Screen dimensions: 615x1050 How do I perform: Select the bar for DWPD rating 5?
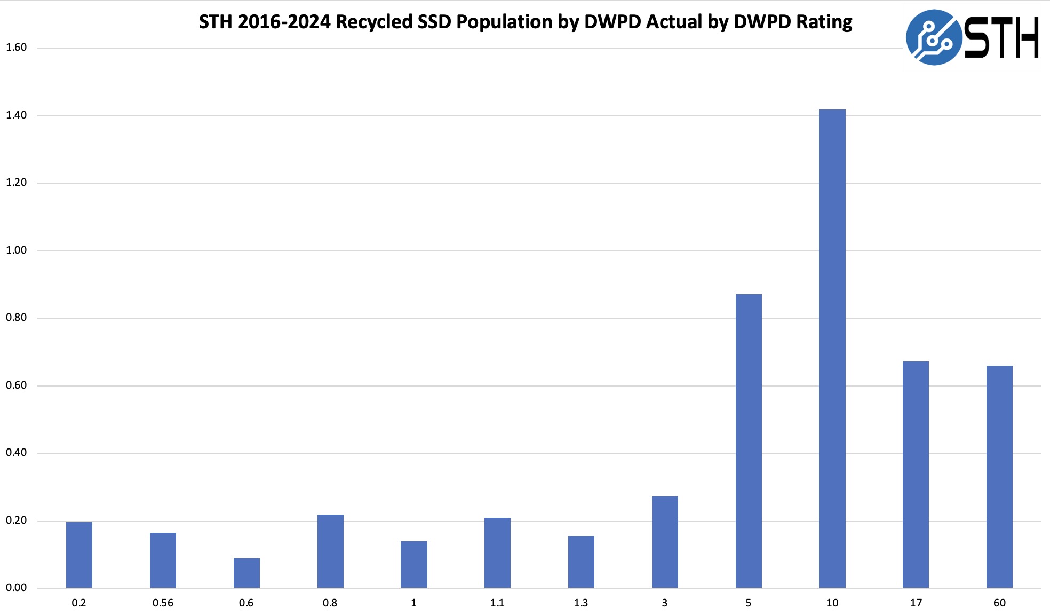(x=749, y=441)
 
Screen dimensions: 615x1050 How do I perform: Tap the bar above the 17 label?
(x=916, y=475)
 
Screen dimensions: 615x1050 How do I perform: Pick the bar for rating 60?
(x=999, y=477)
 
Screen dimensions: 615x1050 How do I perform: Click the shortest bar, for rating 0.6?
(x=246, y=573)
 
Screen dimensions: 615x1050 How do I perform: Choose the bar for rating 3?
(x=665, y=542)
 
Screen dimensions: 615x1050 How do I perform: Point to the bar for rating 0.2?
(x=79, y=555)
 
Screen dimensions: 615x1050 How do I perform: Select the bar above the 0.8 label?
(x=330, y=551)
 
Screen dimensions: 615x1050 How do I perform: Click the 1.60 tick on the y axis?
(x=16, y=48)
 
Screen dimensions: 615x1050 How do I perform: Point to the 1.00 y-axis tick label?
(x=16, y=250)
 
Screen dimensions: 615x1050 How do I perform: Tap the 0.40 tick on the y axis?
(x=16, y=453)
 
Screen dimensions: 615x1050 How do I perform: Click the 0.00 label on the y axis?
(x=16, y=588)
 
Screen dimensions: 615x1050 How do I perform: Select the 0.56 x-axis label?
(x=163, y=603)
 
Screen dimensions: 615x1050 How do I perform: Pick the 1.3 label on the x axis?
(x=581, y=603)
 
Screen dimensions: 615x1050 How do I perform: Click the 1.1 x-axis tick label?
(x=497, y=603)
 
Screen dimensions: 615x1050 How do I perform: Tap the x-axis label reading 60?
(x=999, y=603)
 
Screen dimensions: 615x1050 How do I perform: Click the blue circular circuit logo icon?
(x=933, y=37)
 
